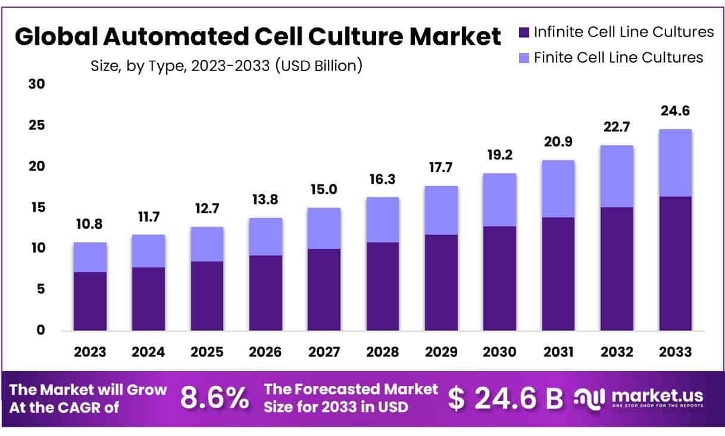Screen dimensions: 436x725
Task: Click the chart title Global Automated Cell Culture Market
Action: [x=258, y=38]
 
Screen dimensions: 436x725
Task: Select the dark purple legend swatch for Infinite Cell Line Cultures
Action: [x=524, y=32]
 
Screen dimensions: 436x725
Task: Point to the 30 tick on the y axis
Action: [x=37, y=85]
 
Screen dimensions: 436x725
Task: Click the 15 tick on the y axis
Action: [x=37, y=207]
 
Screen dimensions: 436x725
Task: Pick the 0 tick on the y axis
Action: [x=40, y=330]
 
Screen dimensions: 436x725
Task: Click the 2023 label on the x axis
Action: [x=90, y=352]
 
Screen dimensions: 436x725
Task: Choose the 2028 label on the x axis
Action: [x=383, y=352]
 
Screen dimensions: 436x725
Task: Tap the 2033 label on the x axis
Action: [x=676, y=352]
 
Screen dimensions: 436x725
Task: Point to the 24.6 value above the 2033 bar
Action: [x=676, y=111]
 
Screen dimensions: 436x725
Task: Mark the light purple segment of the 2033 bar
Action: [x=676, y=163]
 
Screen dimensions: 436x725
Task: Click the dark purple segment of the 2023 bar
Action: [x=90, y=301]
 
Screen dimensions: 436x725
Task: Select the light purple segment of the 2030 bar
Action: [x=500, y=200]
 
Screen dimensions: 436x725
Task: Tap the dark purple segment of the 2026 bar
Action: [x=265, y=292]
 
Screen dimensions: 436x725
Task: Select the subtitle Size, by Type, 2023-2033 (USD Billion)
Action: [x=226, y=66]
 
